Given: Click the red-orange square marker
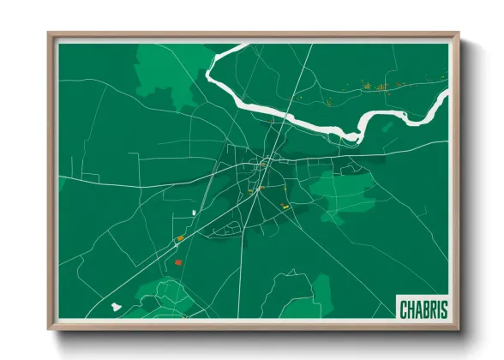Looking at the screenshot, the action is (177, 261).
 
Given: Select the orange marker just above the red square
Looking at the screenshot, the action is (180, 238).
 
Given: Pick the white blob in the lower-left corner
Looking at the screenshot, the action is (116, 304).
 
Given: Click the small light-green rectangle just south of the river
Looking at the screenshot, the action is (387, 127).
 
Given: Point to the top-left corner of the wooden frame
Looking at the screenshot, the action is (50, 35).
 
